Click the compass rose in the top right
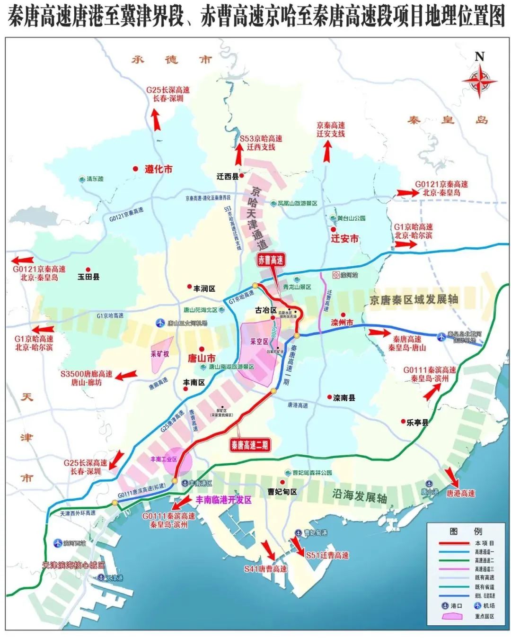tap(479, 81)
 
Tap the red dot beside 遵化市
tap(136, 169)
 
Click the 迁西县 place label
tap(228, 176)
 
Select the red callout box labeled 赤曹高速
tap(271, 260)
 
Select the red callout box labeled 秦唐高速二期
tap(249, 445)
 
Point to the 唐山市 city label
tap(202, 358)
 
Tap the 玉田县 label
tap(88, 277)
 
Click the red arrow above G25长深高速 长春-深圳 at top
tap(157, 120)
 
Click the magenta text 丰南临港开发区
tap(224, 500)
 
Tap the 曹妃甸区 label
tap(282, 492)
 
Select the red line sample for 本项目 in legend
tap(452, 543)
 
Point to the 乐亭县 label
tap(417, 423)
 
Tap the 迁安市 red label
tap(344, 239)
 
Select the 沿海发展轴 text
tap(359, 496)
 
